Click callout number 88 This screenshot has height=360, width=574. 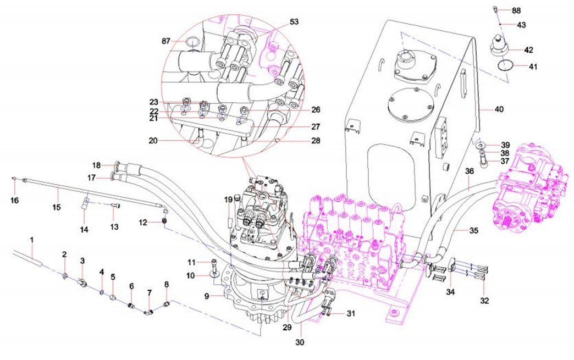(x=516, y=10)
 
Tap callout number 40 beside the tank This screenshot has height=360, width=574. (x=499, y=109)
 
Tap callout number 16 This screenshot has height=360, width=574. (x=14, y=201)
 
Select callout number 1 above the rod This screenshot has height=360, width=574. (x=32, y=240)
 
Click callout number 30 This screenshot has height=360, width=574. (x=300, y=341)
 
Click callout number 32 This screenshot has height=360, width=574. (x=484, y=301)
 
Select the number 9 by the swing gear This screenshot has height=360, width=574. (x=207, y=297)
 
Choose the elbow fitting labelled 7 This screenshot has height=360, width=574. (x=148, y=312)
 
